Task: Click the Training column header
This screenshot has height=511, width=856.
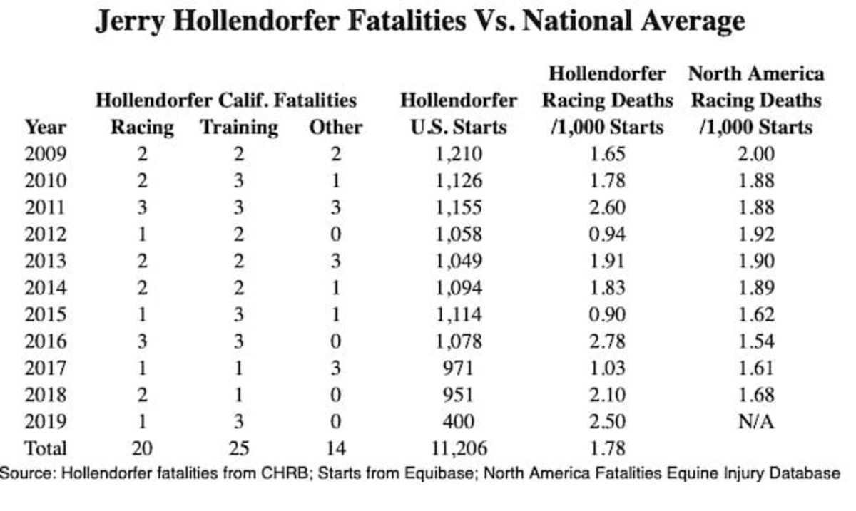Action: (239, 128)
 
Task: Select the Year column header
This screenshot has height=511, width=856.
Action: (45, 128)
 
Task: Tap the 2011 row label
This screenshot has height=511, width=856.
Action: (45, 207)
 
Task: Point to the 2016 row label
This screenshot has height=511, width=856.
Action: (45, 341)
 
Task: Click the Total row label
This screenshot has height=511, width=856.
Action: (45, 448)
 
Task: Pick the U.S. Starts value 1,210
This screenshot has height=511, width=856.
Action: (458, 154)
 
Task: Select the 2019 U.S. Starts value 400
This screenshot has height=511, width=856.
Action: (458, 421)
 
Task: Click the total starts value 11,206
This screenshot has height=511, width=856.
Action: (458, 448)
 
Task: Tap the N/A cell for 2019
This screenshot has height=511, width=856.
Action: (755, 421)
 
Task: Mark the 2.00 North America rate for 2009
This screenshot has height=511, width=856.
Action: (755, 154)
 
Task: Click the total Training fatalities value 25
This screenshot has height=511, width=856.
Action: (239, 448)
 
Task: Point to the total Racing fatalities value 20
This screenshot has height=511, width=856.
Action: (142, 448)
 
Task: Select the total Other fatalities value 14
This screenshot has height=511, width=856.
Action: (335, 448)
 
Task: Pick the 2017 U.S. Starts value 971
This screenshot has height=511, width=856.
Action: (458, 368)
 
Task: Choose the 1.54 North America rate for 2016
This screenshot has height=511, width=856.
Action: (755, 341)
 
